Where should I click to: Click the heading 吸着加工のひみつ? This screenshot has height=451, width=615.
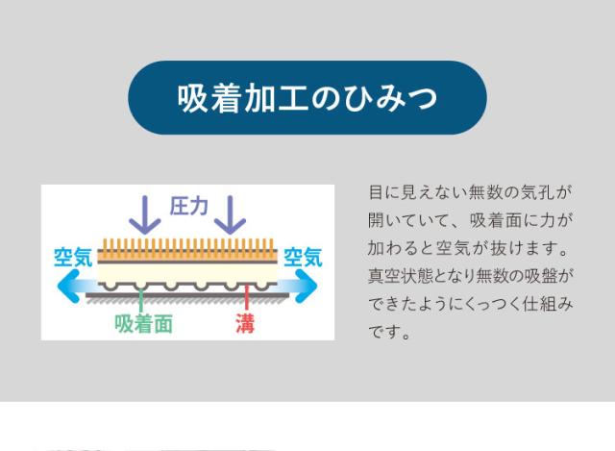click(307, 98)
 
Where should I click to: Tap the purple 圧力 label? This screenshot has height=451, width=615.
click(188, 206)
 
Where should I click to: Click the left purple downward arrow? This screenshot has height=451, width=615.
click(145, 214)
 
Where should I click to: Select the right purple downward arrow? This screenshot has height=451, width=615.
click(231, 214)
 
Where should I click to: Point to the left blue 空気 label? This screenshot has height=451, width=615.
click(73, 258)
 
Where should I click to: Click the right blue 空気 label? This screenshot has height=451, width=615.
click(303, 258)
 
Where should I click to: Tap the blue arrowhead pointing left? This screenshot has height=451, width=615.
click(68, 286)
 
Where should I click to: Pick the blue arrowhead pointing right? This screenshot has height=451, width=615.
click(306, 286)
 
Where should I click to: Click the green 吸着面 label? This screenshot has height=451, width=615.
click(143, 324)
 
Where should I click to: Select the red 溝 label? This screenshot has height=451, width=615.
click(245, 324)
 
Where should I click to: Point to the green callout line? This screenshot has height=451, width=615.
click(141, 300)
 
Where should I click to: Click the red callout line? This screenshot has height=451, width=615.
click(246, 298)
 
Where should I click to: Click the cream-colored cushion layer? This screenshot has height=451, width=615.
click(187, 273)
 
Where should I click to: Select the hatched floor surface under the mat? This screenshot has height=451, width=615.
click(187, 300)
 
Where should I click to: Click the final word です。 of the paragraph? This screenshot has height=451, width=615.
click(389, 332)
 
